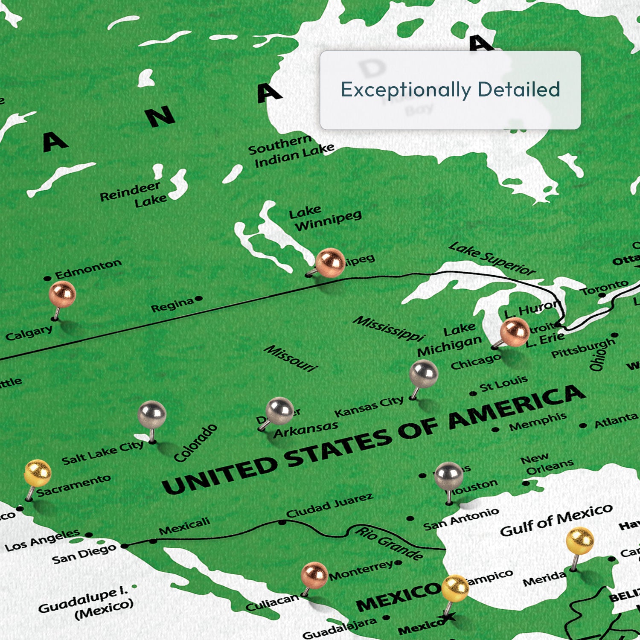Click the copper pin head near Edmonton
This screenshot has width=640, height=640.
(x=62, y=294)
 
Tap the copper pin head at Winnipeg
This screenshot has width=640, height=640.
(x=330, y=262)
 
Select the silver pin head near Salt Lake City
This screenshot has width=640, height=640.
(x=152, y=414)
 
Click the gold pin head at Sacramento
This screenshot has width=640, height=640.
(x=38, y=473)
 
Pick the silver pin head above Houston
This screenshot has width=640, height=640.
(x=448, y=476)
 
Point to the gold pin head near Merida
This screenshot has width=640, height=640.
(x=580, y=541)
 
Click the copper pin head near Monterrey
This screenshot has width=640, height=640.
(x=314, y=575)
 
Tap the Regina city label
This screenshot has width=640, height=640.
(x=173, y=305)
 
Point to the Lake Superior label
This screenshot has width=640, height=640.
(x=492, y=258)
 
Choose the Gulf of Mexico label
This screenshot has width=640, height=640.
(x=556, y=520)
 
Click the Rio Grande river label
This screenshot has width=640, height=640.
(x=389, y=543)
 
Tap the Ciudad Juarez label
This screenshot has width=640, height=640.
(x=329, y=505)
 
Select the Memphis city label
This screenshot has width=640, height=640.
(x=538, y=422)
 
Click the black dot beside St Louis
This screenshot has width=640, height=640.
(x=473, y=393)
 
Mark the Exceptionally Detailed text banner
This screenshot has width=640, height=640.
(x=450, y=90)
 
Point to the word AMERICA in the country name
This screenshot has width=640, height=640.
(x=516, y=407)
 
